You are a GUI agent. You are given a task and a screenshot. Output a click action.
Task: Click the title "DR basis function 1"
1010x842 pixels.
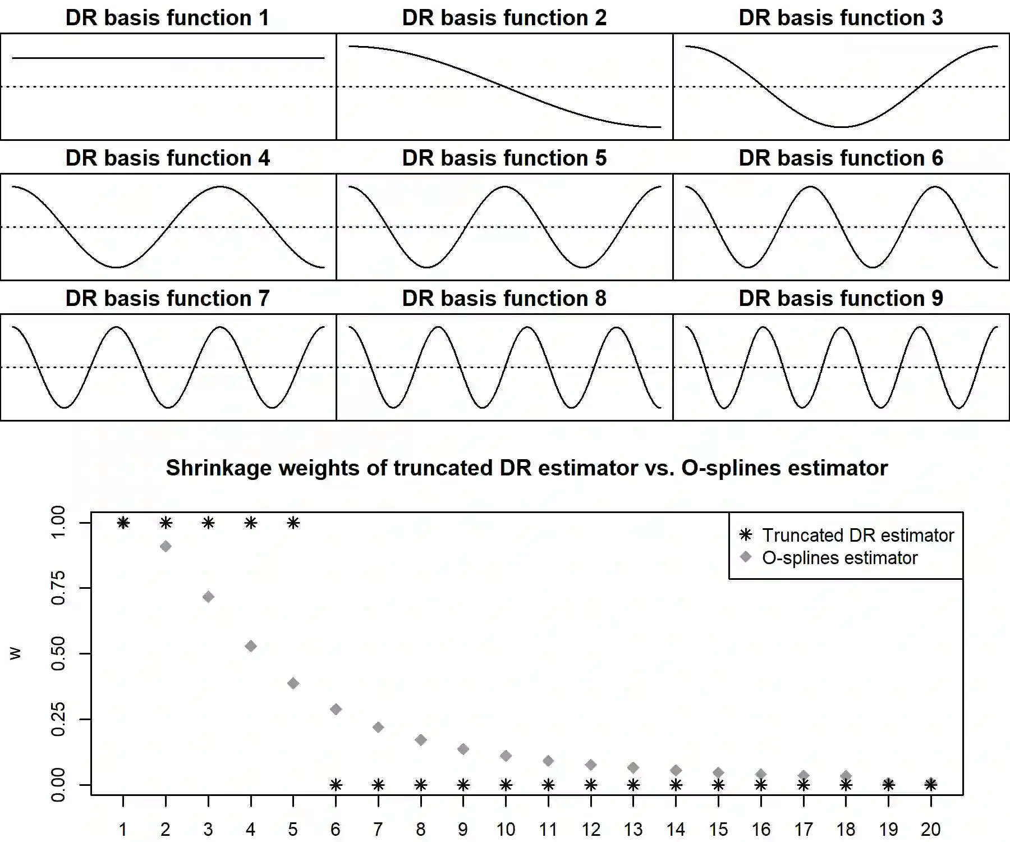(x=167, y=18)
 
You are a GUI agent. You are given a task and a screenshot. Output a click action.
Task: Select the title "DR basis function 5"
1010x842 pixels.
(x=504, y=158)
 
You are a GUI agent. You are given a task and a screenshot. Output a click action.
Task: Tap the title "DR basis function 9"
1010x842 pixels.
(x=841, y=299)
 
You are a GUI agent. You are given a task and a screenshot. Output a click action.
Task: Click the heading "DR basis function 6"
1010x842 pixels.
(x=841, y=158)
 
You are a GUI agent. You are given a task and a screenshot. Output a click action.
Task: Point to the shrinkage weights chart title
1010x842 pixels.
(x=526, y=468)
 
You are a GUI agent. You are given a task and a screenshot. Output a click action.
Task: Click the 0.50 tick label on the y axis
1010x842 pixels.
(x=58, y=653)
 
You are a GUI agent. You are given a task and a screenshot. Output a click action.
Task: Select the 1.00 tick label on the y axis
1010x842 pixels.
(x=58, y=522)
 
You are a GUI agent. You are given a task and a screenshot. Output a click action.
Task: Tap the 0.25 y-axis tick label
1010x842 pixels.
(x=58, y=719)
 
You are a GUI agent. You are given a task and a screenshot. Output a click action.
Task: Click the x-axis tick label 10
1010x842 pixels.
(x=506, y=829)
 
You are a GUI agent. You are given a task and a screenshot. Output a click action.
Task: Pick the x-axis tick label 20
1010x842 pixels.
(x=930, y=829)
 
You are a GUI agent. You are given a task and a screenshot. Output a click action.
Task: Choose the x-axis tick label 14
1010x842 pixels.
(x=676, y=829)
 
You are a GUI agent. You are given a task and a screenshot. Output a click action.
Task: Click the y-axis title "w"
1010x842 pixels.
(x=15, y=653)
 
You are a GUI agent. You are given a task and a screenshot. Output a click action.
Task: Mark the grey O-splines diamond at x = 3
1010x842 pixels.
(x=208, y=597)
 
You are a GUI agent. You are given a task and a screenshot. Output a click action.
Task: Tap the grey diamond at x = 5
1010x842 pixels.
(x=293, y=683)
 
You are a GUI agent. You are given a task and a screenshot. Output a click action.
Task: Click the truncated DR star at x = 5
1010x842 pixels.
(x=293, y=523)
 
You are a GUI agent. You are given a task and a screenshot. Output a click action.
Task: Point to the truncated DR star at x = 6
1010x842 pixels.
(x=336, y=785)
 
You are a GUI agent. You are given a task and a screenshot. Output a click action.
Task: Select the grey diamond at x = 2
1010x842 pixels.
(x=166, y=546)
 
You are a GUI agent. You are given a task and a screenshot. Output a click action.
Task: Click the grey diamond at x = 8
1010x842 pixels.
(x=421, y=740)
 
